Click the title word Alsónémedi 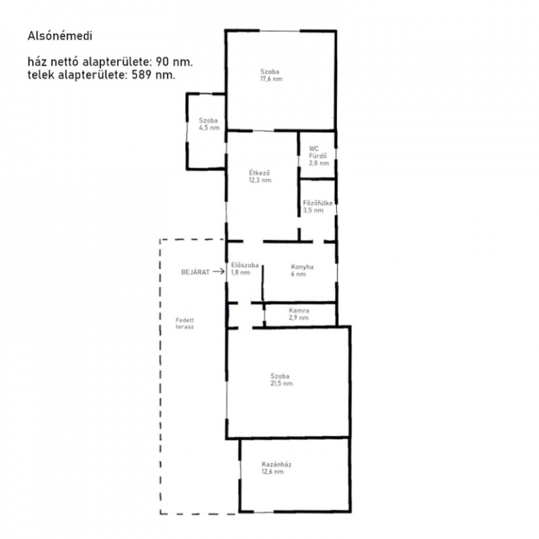(x=60, y=36)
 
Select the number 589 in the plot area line (x=142, y=75)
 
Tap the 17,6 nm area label (x=271, y=79)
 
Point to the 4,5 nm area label (x=209, y=128)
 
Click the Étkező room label (x=259, y=173)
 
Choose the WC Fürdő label (x=317, y=152)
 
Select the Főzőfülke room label (x=318, y=203)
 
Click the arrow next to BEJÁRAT (x=218, y=272)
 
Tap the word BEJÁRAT (x=195, y=272)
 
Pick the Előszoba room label (x=245, y=265)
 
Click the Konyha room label (x=302, y=267)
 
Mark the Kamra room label (x=299, y=311)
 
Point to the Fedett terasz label (x=185, y=324)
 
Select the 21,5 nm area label (x=282, y=383)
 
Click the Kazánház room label (x=276, y=464)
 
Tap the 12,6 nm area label (x=273, y=472)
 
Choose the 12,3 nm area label (x=260, y=180)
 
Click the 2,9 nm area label (x=299, y=317)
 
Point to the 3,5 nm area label (x=313, y=211)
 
